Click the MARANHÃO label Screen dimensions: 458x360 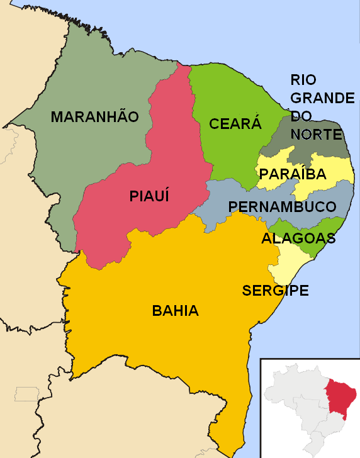click(x=94, y=117)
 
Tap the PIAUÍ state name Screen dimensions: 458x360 click(x=150, y=196)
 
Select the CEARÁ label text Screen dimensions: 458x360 click(x=235, y=124)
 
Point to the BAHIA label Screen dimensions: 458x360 click(x=176, y=311)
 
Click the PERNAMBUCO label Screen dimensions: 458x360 click(x=282, y=207)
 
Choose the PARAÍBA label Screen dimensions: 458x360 click(x=293, y=175)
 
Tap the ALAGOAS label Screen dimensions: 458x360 click(x=298, y=239)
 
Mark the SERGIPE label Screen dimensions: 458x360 click(x=275, y=291)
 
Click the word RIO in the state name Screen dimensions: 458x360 click(x=303, y=80)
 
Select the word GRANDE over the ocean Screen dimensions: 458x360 click(x=322, y=98)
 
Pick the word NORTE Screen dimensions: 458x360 click(x=317, y=135)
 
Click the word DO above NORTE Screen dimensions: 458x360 click(x=301, y=116)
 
